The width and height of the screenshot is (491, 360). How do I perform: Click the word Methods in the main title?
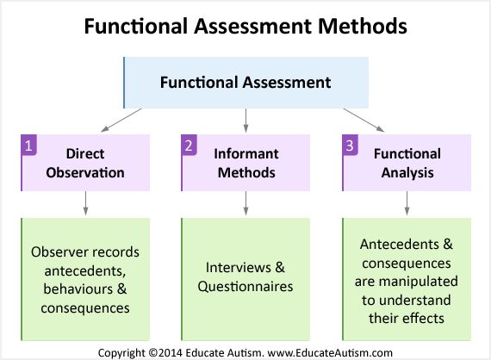tap(363, 26)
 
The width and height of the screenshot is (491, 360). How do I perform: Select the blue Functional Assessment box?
tap(245, 83)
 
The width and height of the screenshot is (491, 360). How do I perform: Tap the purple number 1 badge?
tap(28, 145)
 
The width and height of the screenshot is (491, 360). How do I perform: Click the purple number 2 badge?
tap(189, 145)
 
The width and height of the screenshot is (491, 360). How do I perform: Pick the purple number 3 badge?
tap(350, 145)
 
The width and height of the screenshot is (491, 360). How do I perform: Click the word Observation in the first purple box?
tap(85, 172)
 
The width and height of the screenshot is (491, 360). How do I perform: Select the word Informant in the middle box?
tap(246, 153)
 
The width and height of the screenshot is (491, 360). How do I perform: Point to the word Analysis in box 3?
tap(407, 173)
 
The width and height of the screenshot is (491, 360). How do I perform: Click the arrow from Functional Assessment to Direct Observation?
tap(121, 121)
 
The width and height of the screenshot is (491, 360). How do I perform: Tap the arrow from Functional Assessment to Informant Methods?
tap(245, 121)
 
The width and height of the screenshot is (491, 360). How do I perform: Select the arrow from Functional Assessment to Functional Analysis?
tap(364, 121)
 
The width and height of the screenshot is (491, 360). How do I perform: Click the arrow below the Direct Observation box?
tap(85, 203)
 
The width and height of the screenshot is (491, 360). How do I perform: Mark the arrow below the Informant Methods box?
tap(245, 203)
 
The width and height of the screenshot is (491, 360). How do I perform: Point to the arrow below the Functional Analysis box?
tap(407, 203)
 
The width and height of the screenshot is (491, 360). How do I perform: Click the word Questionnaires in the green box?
tap(245, 287)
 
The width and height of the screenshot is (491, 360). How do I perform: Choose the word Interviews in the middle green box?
tap(239, 268)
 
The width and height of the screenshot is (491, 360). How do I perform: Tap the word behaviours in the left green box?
tap(78, 289)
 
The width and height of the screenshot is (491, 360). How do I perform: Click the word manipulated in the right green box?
tap(419, 282)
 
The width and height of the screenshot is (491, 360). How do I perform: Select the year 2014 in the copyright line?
tap(170, 353)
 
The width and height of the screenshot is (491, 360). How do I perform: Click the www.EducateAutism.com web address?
tap(330, 353)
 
